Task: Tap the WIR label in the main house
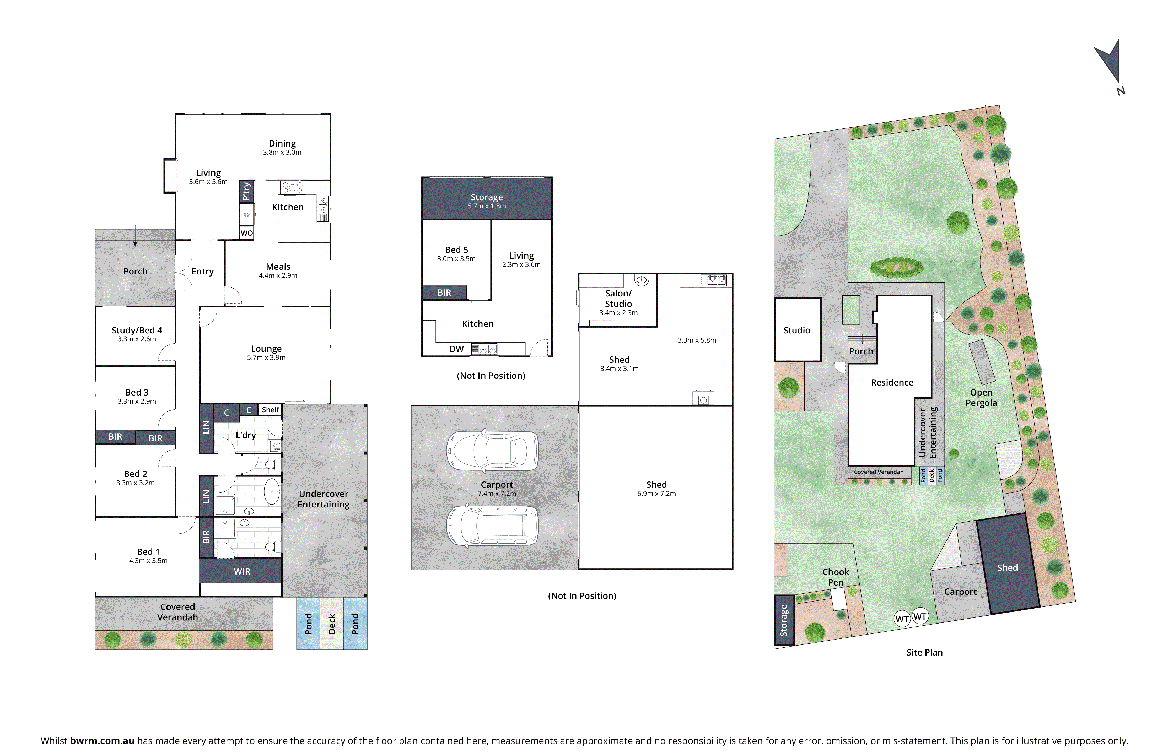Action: click(x=242, y=571)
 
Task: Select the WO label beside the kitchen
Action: click(x=246, y=233)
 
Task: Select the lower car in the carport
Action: click(x=492, y=526)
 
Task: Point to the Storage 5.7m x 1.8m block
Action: click(x=487, y=198)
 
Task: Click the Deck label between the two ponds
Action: click(x=332, y=624)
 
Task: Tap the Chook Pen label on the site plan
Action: click(x=835, y=577)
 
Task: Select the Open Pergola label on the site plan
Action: click(x=981, y=398)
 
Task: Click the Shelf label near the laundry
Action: click(x=271, y=410)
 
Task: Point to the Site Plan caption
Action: click(x=924, y=652)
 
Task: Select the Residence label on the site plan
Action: click(x=892, y=382)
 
